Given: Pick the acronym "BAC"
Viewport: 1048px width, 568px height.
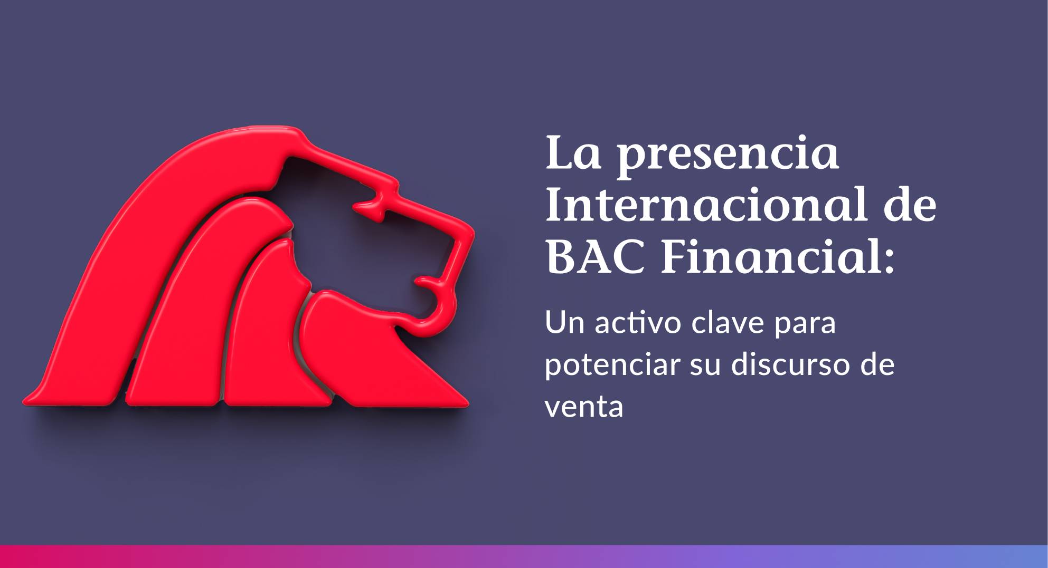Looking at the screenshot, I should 595,257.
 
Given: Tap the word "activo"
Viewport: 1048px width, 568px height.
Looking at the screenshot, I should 638,322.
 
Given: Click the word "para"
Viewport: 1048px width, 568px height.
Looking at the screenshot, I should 805,324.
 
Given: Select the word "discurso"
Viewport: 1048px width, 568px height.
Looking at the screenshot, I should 790,364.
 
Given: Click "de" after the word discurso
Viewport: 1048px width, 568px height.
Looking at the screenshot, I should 877,364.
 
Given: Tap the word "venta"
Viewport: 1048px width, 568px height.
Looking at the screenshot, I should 584,408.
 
